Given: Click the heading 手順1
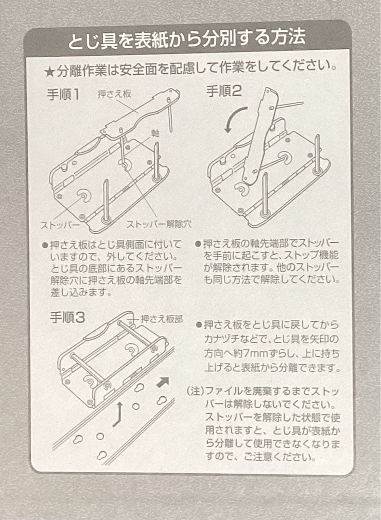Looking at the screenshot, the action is [63, 95].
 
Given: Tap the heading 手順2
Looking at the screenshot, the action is [224, 91].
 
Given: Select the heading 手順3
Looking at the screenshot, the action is [68, 318].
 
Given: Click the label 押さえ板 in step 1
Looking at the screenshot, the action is [114, 94].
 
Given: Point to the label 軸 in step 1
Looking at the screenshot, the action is [155, 133].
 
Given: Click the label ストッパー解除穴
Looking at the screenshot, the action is [159, 224].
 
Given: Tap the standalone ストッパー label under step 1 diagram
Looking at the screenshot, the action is [60, 225].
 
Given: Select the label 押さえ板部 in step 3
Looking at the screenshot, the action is [162, 319].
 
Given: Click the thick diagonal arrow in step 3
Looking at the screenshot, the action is [163, 382].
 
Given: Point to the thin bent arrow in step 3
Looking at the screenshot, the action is [118, 414].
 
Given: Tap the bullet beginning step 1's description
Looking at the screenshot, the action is [45, 246].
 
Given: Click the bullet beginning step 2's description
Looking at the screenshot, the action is [198, 245].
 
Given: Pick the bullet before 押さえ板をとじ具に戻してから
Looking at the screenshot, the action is [199, 325].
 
